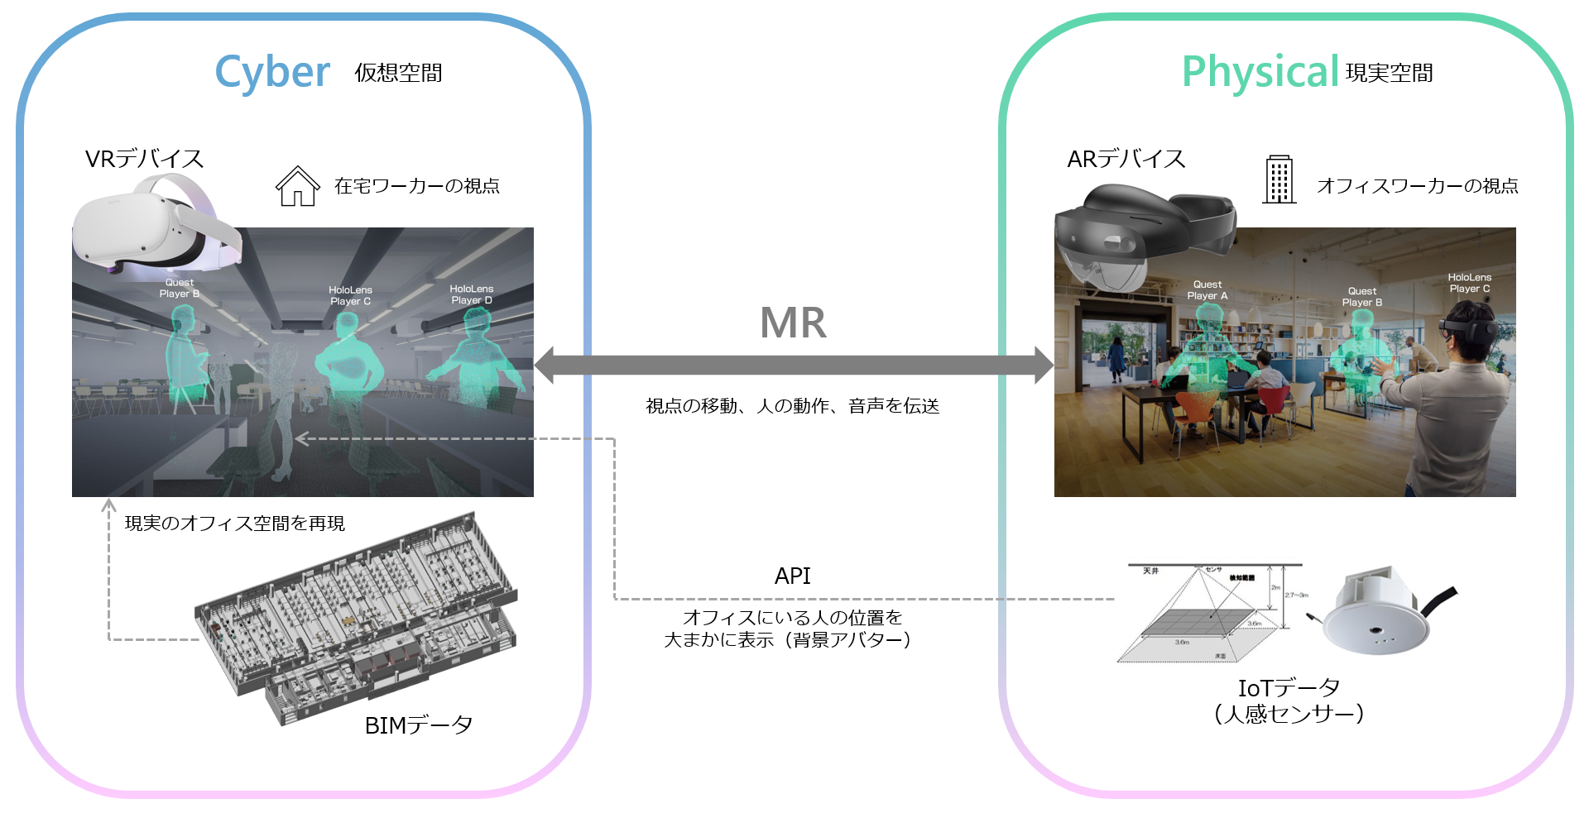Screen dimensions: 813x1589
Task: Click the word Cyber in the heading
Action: (272, 73)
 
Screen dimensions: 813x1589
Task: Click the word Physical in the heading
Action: (1260, 73)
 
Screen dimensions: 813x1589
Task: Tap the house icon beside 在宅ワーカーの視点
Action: (297, 186)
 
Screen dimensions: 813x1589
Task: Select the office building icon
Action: (1279, 179)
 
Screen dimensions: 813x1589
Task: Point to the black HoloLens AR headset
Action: (1142, 236)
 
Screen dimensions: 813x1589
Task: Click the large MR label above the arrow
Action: (793, 323)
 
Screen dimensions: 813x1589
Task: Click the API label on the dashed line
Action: (792, 576)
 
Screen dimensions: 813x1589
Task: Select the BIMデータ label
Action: (418, 725)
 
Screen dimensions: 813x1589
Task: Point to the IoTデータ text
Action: (1288, 687)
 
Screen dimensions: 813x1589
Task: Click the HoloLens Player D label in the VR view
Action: (471, 294)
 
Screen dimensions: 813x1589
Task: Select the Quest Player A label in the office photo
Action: (1207, 290)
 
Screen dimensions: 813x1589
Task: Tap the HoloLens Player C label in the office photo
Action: (1469, 283)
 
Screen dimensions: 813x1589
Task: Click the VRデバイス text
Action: (144, 159)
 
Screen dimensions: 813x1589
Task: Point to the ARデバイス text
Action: (1126, 159)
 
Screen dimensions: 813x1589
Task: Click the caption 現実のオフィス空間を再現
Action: (234, 524)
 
